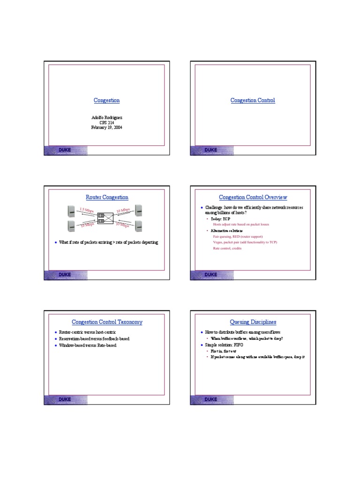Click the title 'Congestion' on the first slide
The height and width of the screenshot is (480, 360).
[106, 100]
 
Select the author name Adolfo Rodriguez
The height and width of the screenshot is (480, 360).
[107, 117]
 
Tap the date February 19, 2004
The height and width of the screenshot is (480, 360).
[107, 127]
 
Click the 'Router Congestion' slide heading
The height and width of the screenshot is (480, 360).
[107, 197]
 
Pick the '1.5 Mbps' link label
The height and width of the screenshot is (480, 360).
[87, 210]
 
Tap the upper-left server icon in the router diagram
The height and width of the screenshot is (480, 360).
[71, 210]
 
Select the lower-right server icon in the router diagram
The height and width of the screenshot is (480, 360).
[139, 226]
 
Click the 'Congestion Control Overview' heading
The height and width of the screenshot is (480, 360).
[253, 197]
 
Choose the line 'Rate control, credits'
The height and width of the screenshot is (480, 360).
[227, 248]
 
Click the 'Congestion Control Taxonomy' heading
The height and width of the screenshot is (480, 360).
[107, 322]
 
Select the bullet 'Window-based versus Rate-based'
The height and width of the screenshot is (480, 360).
[88, 345]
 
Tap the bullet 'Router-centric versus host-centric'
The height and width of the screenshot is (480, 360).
[89, 332]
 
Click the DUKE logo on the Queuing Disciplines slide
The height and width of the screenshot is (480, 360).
[210, 399]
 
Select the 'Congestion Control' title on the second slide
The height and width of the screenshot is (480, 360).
[253, 100]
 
